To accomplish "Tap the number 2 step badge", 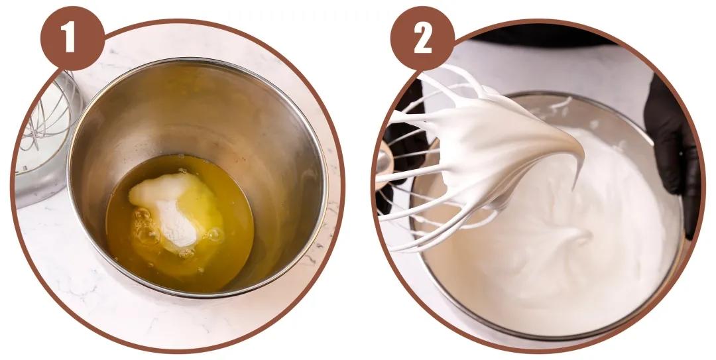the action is (x=423, y=39).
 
